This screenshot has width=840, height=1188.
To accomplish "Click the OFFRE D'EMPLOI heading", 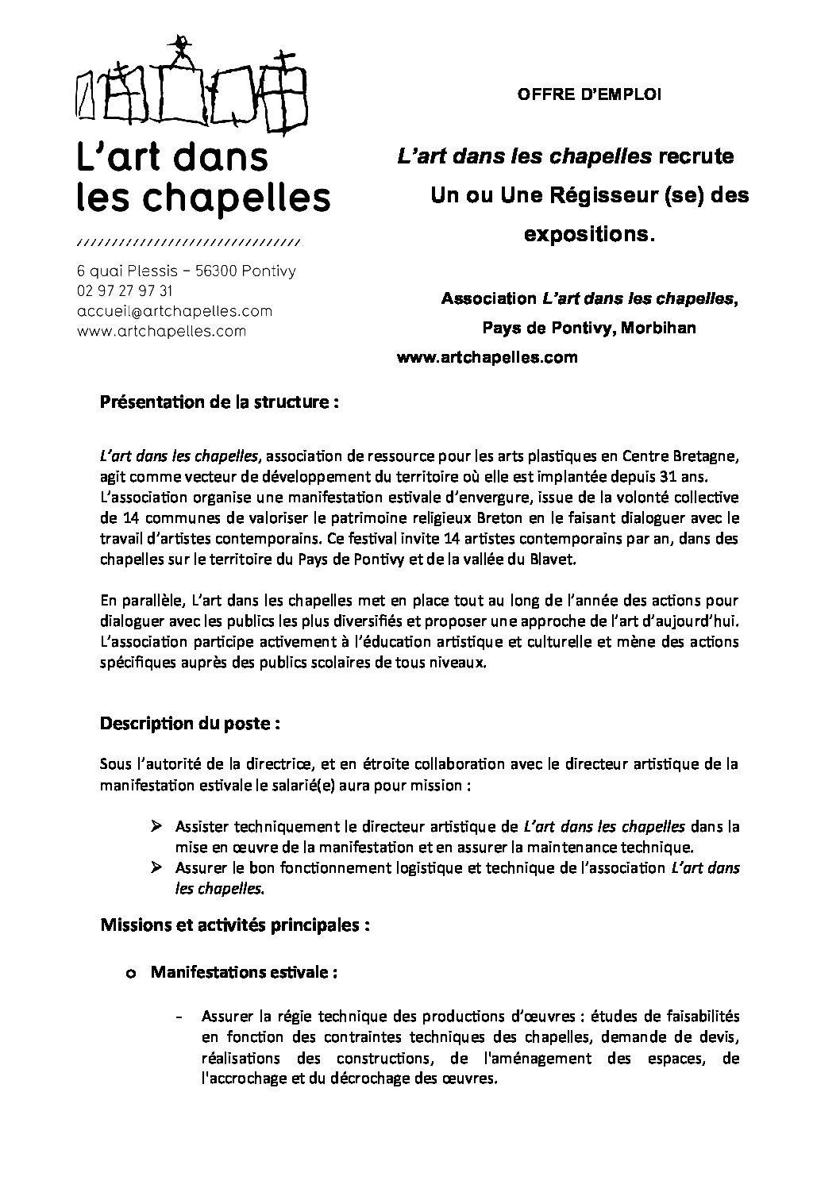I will [x=589, y=94].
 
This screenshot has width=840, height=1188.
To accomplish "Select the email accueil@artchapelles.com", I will [x=175, y=311].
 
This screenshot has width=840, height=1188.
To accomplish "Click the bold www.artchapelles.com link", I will [x=486, y=357].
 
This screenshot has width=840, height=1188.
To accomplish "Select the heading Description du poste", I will [x=190, y=724].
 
